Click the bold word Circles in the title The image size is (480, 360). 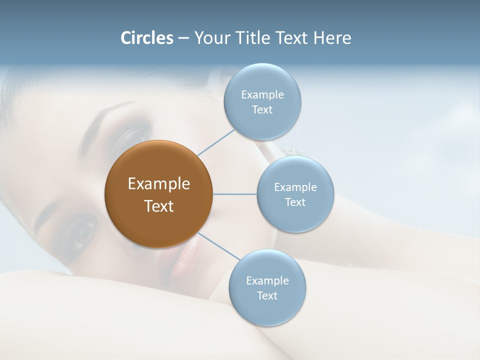pos(147,38)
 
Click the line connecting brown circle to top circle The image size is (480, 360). pos(216,142)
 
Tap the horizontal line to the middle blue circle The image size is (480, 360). pos(235,194)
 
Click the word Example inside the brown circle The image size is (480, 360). pos(158,184)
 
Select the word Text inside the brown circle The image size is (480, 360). pos(158,206)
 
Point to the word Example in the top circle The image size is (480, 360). pos(262,95)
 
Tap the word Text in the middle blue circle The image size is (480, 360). pos(295,202)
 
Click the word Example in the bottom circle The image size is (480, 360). pos(267,281)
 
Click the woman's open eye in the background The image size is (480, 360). pos(80,231)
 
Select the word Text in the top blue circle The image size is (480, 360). pos(262,110)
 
